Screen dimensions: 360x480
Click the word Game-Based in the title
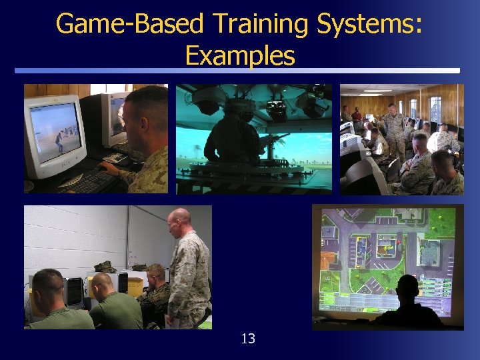(129, 24)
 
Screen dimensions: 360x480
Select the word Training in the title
(261, 24)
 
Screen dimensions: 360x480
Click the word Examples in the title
(240, 55)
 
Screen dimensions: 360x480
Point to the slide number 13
(248, 339)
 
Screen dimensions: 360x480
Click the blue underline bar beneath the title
(237, 71)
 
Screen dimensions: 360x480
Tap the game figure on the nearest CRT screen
(59, 141)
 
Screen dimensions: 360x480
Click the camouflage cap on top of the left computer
(105, 267)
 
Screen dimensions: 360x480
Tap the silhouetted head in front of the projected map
(407, 288)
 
